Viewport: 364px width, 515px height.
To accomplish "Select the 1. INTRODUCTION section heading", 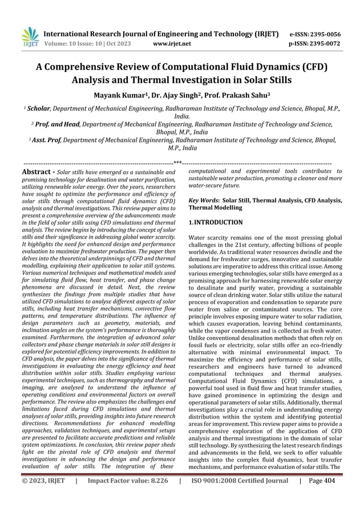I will pos(215,222).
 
